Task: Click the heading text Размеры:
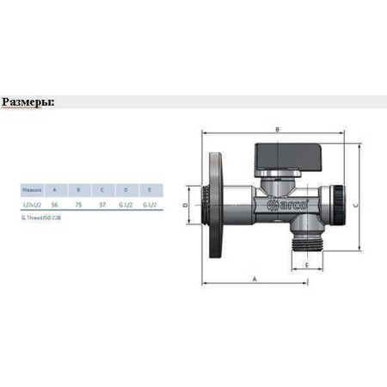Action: (x=28, y=101)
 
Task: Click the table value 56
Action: (x=54, y=205)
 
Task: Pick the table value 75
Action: (x=78, y=205)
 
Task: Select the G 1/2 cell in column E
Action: (x=150, y=205)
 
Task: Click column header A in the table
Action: (x=54, y=187)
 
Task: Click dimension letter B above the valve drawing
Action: (x=276, y=129)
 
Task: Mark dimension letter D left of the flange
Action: (x=185, y=206)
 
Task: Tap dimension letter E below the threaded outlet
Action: (x=307, y=265)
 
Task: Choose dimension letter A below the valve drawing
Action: (x=255, y=279)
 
